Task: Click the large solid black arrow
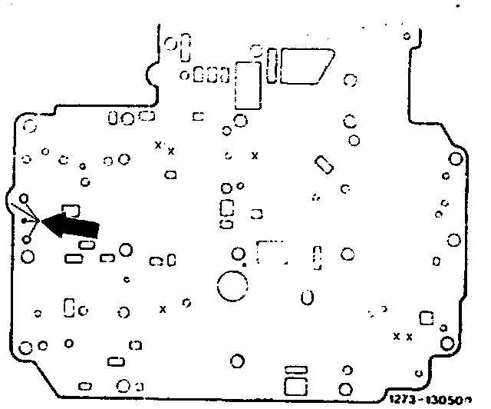tap(72, 224)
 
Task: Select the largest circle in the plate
tap(232, 288)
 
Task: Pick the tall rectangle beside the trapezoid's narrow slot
tap(248, 85)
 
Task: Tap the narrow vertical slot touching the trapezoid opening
tap(273, 65)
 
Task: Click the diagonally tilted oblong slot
tap(323, 165)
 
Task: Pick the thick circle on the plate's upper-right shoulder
tap(455, 159)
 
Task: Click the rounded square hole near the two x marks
tap(427, 317)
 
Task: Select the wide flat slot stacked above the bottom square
tap(295, 370)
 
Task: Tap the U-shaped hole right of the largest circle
tap(307, 297)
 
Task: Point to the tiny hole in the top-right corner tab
tap(407, 36)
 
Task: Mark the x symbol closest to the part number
tap(409, 337)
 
